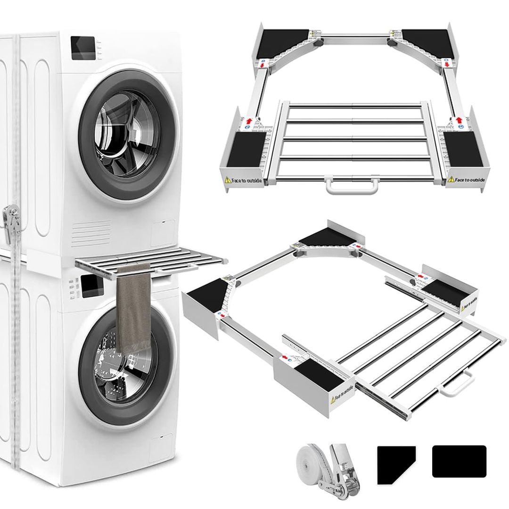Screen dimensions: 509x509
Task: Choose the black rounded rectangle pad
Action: (x=459, y=461)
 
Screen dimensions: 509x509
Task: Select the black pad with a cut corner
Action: (x=394, y=464)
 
